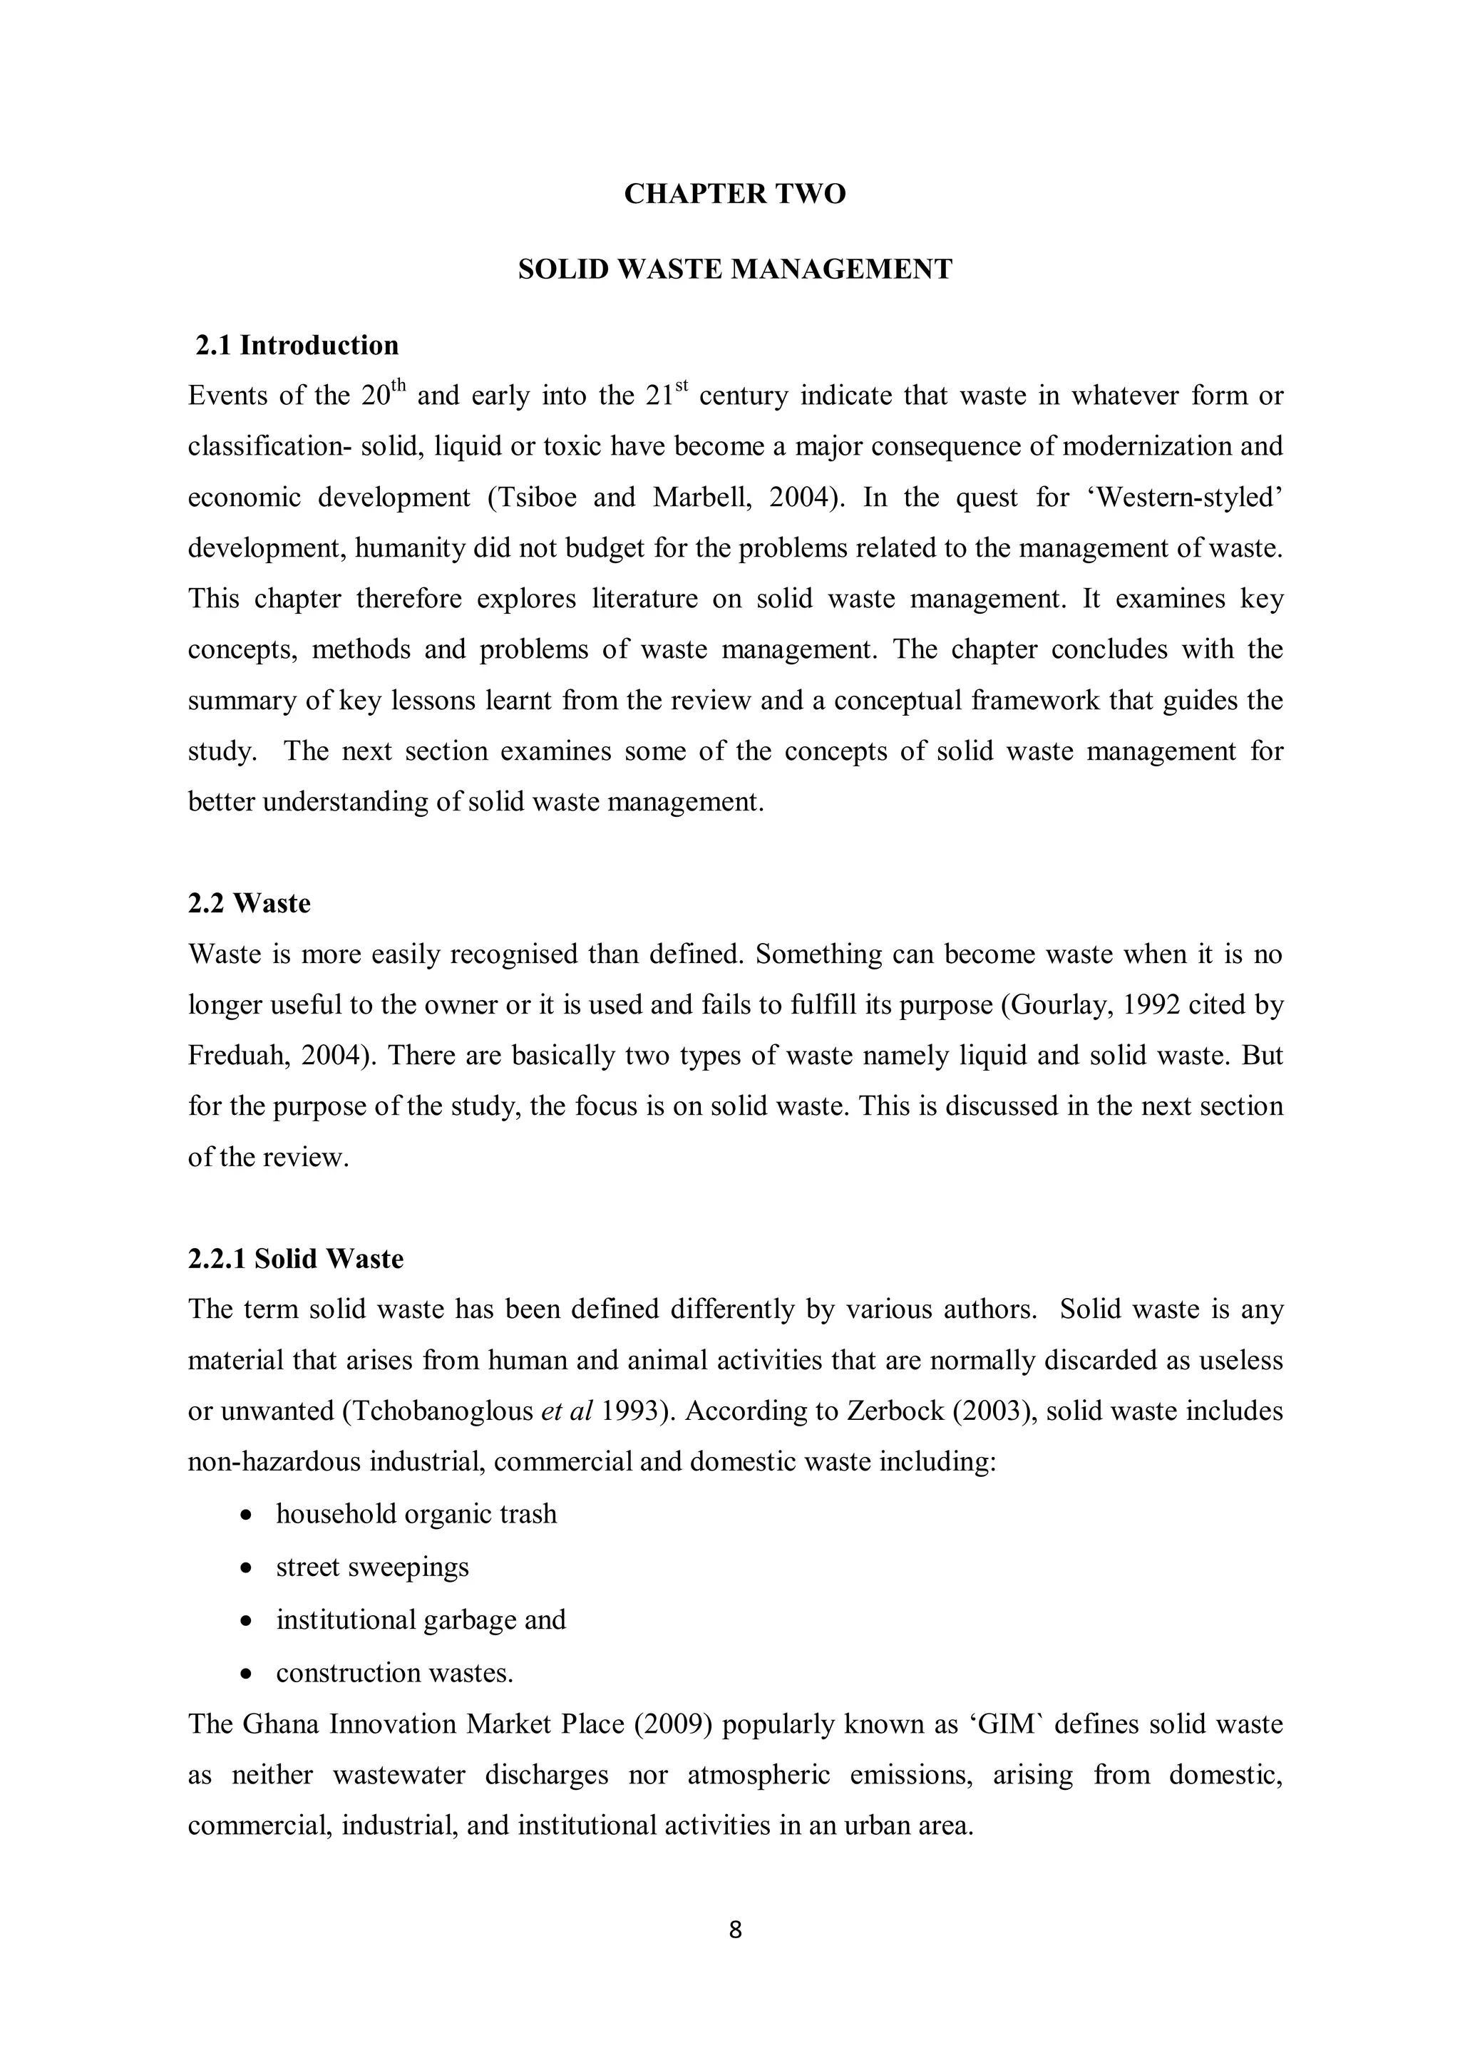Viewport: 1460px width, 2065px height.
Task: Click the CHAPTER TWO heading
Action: [734, 195]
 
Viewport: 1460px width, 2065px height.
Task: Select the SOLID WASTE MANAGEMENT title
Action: [734, 270]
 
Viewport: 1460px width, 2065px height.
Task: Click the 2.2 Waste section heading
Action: [250, 903]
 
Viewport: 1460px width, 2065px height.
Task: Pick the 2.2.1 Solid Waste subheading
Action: [295, 1258]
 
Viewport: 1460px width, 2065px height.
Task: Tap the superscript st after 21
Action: [681, 388]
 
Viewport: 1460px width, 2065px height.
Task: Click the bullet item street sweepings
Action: [372, 1567]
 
